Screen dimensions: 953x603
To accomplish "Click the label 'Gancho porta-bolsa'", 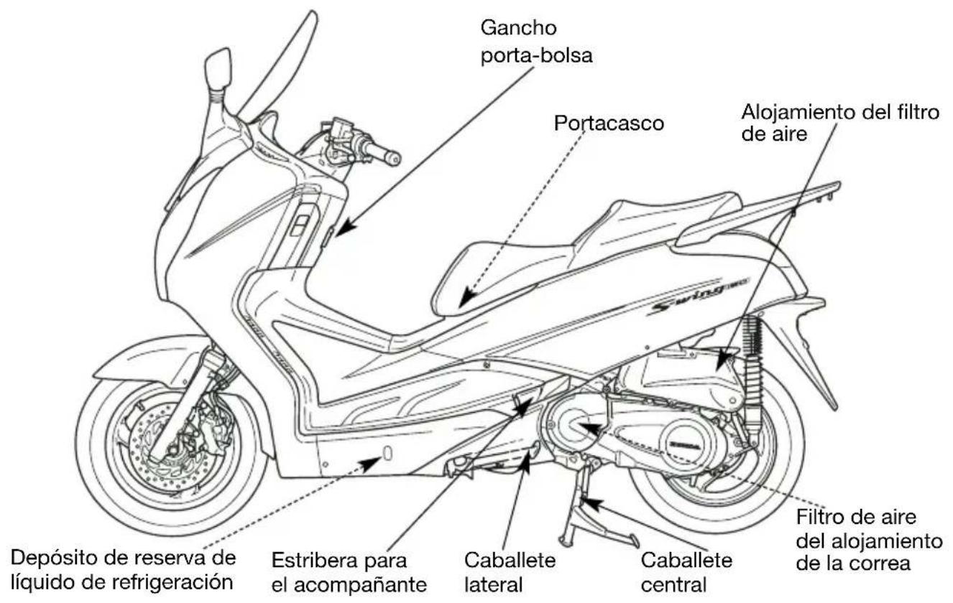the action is (x=536, y=42).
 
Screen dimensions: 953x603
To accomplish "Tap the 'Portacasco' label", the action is (x=609, y=123).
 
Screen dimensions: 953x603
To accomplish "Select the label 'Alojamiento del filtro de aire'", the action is (x=840, y=123).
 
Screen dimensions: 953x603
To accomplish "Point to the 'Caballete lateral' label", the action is (x=510, y=572).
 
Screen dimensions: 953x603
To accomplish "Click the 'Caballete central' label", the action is (x=686, y=572).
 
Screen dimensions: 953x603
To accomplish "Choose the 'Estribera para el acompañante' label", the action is (x=349, y=572).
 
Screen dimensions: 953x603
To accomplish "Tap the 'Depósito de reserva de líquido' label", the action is (x=123, y=569).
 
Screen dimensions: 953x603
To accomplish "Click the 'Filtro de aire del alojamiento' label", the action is (x=869, y=540).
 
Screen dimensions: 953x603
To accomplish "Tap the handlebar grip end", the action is (x=395, y=158).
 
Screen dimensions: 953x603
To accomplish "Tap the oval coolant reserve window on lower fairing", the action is (x=387, y=454).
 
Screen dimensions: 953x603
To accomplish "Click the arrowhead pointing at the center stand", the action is (x=593, y=505).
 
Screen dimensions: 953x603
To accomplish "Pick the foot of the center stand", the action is (x=635, y=541).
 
